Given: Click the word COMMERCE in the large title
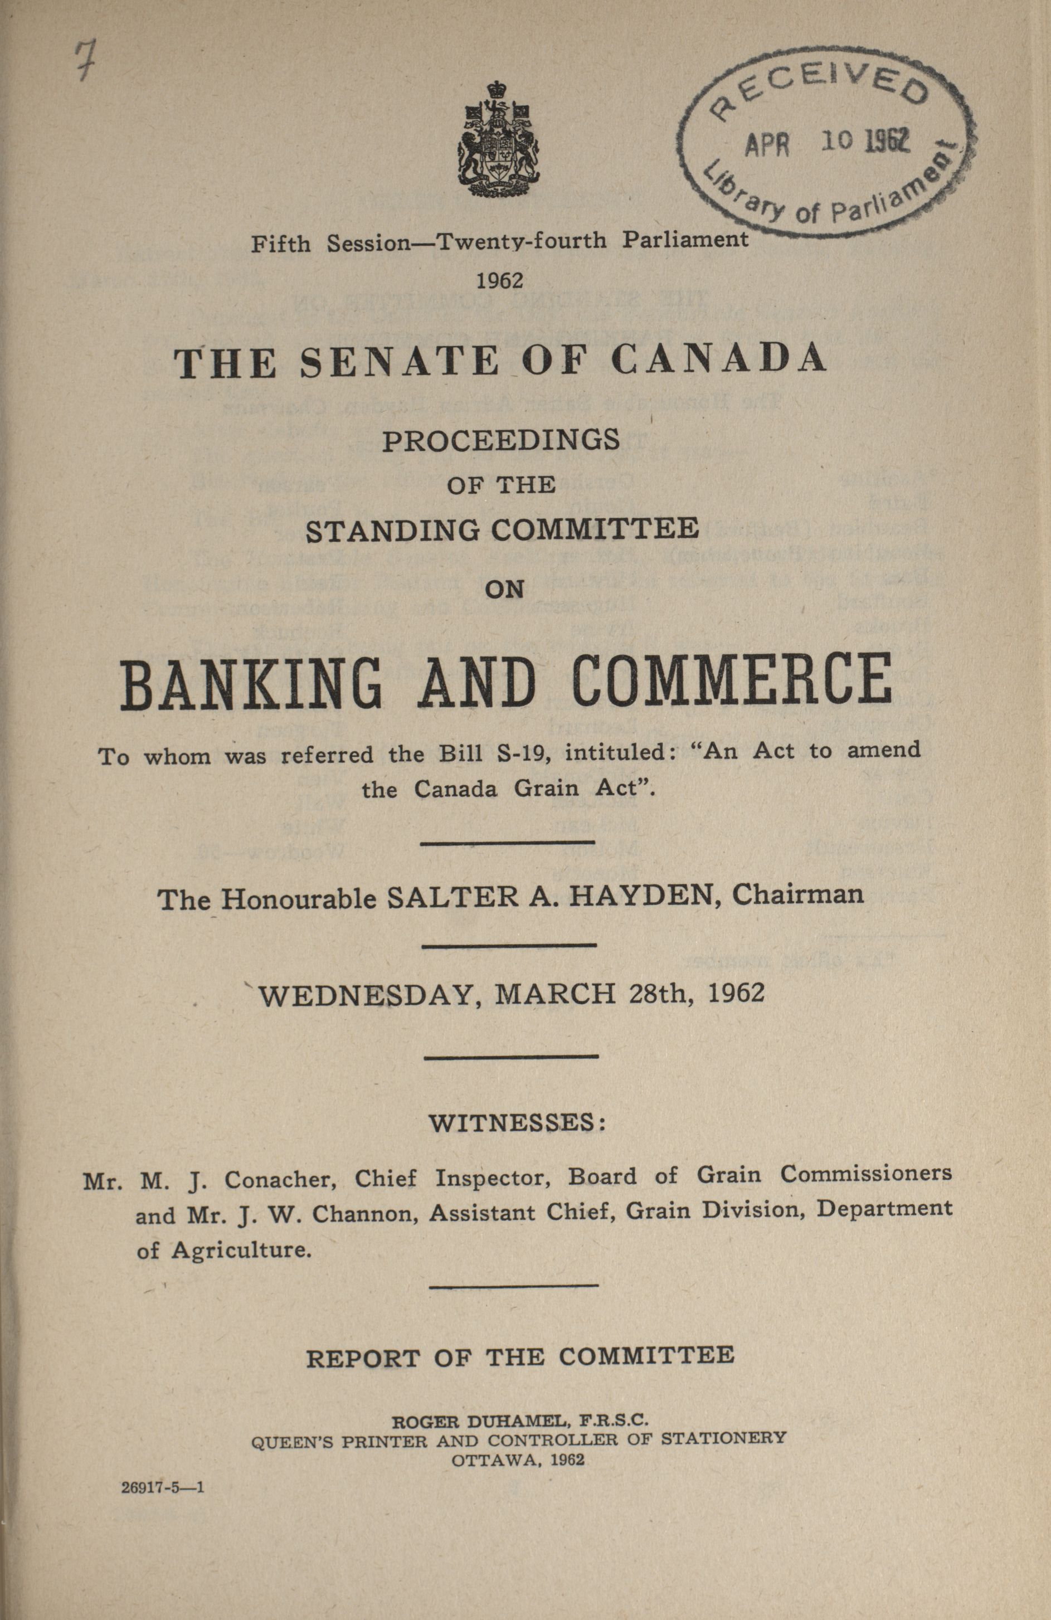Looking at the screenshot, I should (x=731, y=680).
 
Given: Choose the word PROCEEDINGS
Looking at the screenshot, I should (x=501, y=441).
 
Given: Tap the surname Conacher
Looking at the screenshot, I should (x=276, y=1179).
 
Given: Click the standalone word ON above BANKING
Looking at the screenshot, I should (x=504, y=590).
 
